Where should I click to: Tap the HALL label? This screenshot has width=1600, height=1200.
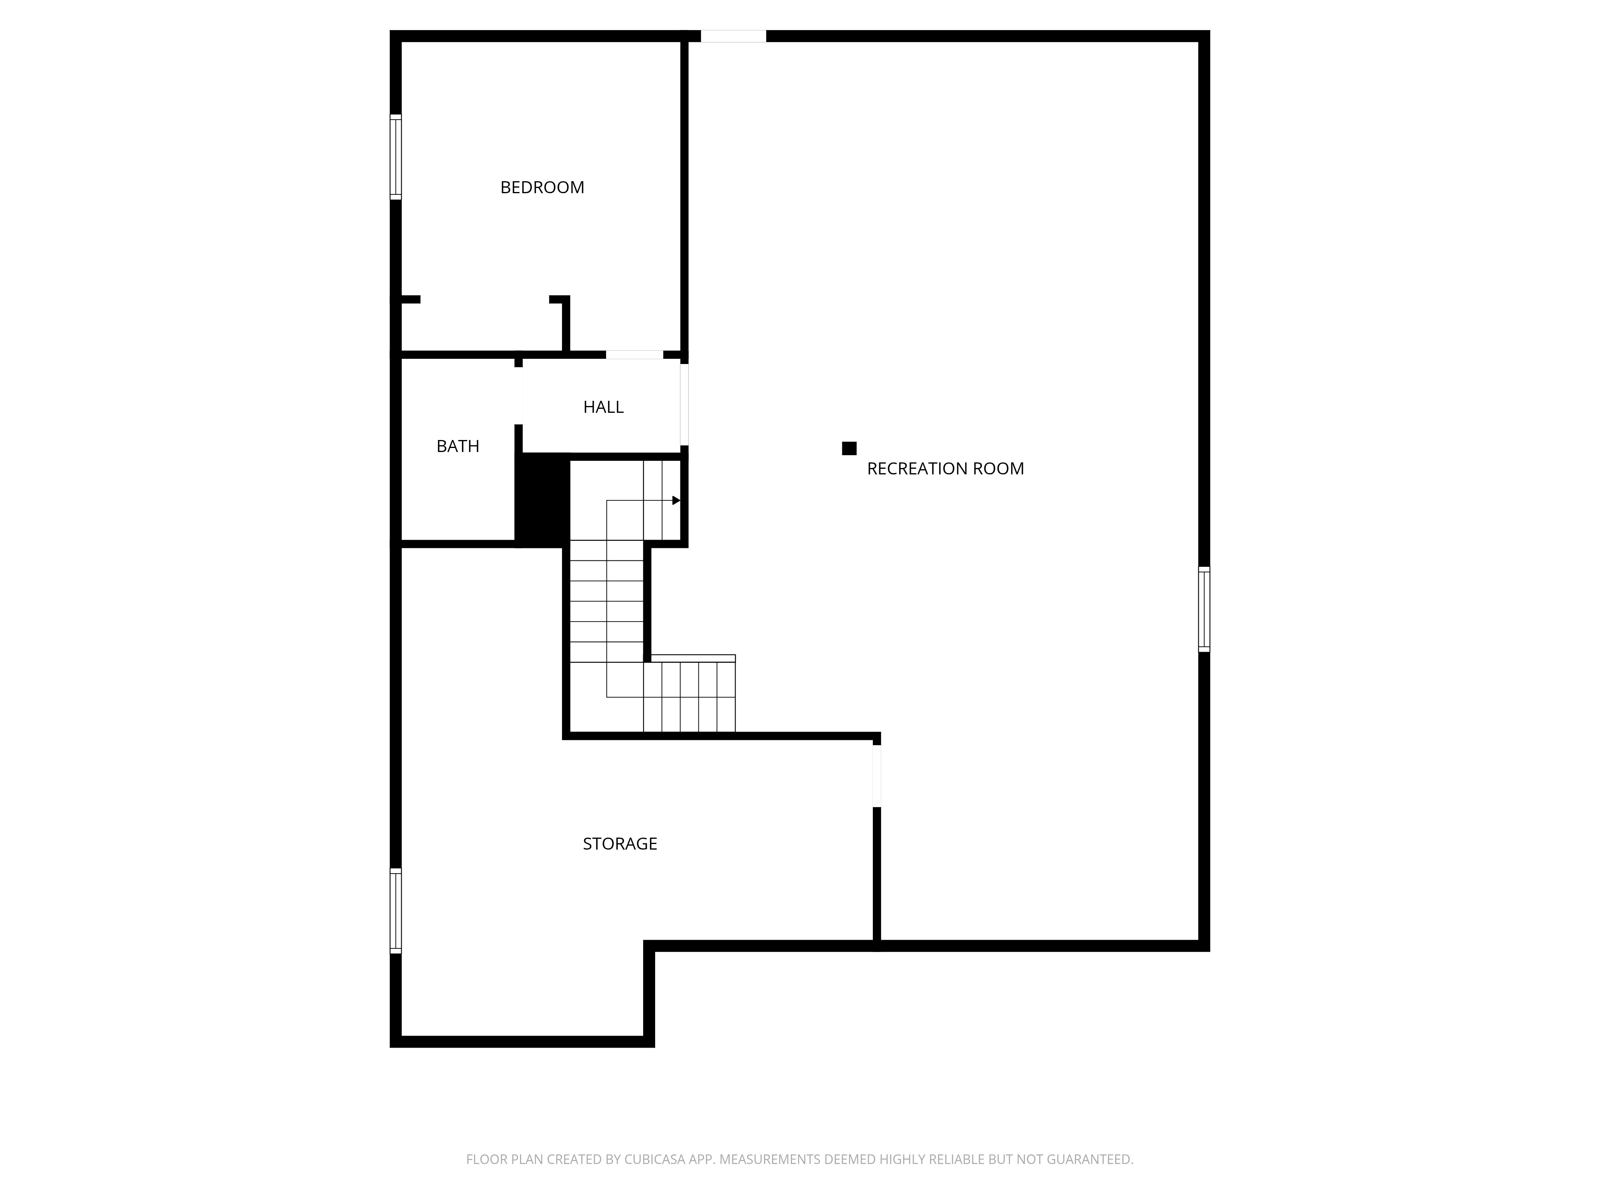click(603, 407)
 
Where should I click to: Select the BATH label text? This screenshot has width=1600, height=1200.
click(458, 446)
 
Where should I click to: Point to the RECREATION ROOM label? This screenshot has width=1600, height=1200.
click(945, 469)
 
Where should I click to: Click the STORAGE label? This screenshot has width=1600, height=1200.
click(620, 843)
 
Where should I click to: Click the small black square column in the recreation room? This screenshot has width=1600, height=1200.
click(849, 448)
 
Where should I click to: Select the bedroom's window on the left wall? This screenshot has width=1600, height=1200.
click(396, 156)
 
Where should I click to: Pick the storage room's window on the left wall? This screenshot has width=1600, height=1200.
click(396, 910)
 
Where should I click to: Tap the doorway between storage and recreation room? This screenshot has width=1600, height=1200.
click(877, 776)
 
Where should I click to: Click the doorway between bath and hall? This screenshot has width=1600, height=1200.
click(519, 396)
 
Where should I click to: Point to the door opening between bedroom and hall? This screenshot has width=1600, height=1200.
click(634, 354)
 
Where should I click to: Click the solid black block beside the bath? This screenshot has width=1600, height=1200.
click(541, 499)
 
